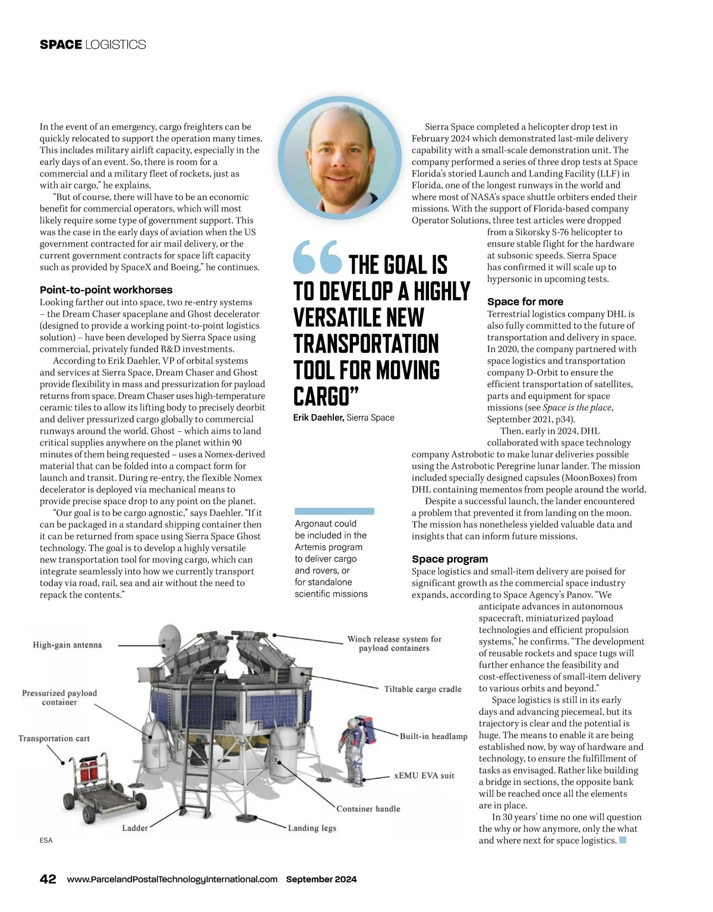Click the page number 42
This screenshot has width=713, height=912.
pyautogui.click(x=48, y=879)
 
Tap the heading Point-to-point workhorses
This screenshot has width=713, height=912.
pyautogui.click(x=106, y=290)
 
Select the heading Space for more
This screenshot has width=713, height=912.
pyautogui.click(x=525, y=302)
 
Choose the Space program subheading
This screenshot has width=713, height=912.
pyautogui.click(x=450, y=559)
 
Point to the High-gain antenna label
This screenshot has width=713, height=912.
pyautogui.click(x=67, y=645)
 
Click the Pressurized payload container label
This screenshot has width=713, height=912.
pyautogui.click(x=59, y=698)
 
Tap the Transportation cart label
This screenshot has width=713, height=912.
pyautogui.click(x=54, y=739)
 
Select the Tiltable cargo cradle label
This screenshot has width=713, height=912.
pyautogui.click(x=422, y=689)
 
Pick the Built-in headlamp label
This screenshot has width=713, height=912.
pyautogui.click(x=433, y=737)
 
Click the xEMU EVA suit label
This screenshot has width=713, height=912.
pyautogui.click(x=424, y=775)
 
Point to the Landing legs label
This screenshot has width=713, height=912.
pyautogui.click(x=312, y=828)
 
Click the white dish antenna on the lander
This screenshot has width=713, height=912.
pyautogui.click(x=171, y=638)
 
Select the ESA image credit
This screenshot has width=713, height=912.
pyautogui.click(x=46, y=840)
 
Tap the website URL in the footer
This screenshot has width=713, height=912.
pyautogui.click(x=172, y=879)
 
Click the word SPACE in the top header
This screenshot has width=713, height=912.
pyautogui.click(x=61, y=45)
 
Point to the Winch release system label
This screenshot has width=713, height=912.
pyautogui.click(x=394, y=643)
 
